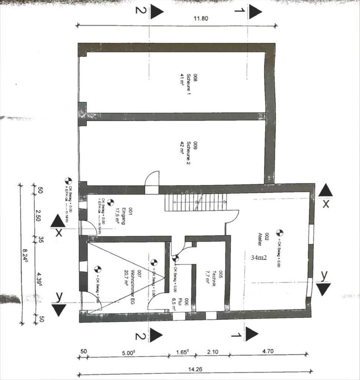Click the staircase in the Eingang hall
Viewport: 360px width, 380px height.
click(x=196, y=203)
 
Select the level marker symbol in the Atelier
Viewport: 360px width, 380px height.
click(x=279, y=233)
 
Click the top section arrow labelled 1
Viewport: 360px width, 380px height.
click(x=255, y=12)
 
